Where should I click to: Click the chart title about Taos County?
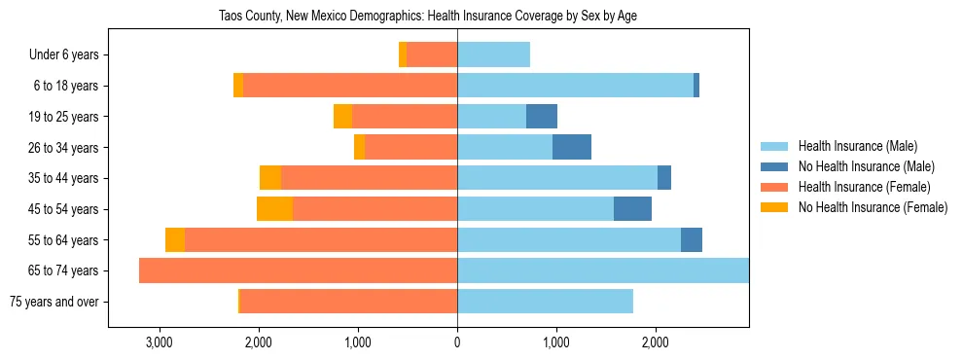[x=429, y=17]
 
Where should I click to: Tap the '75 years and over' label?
[x=53, y=302]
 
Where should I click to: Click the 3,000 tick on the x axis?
[x=159, y=342]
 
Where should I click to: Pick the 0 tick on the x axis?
[x=457, y=342]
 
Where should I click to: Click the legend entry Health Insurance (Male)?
[x=857, y=146]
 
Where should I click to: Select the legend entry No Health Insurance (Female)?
[x=873, y=207]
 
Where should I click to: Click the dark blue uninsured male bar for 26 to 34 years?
[x=572, y=147]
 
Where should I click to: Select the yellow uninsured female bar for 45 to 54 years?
[x=274, y=209]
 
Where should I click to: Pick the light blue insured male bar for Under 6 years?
[x=493, y=54]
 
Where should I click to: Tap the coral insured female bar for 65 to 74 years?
[x=298, y=270]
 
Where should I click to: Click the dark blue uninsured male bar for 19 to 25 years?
[x=542, y=117]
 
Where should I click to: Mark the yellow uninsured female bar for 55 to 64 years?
[x=174, y=240]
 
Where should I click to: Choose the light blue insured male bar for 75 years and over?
[x=545, y=302]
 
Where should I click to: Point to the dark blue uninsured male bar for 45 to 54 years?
[x=632, y=209]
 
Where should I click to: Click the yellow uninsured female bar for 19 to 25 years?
[x=342, y=117]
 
